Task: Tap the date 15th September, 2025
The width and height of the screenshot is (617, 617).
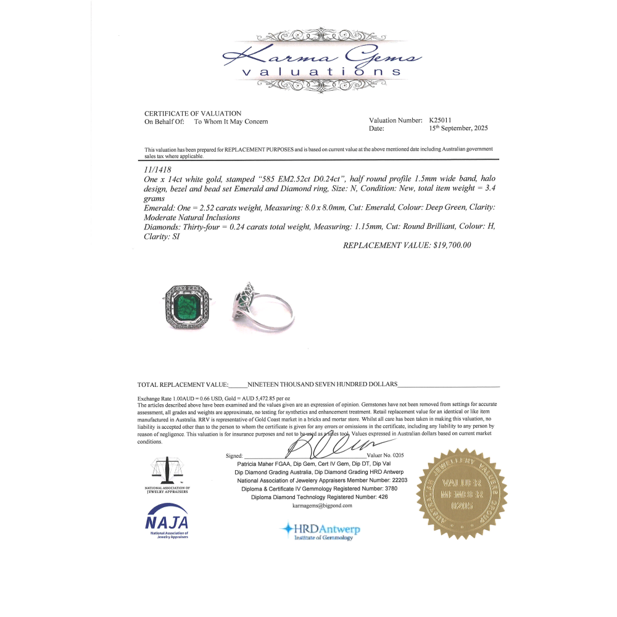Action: click(x=458, y=128)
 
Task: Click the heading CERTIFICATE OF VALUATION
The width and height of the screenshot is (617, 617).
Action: click(x=193, y=114)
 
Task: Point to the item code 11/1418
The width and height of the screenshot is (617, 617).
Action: click(x=156, y=168)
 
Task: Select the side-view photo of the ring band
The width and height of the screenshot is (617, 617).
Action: click(x=265, y=305)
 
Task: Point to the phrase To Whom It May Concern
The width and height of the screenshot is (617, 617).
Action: click(x=231, y=122)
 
